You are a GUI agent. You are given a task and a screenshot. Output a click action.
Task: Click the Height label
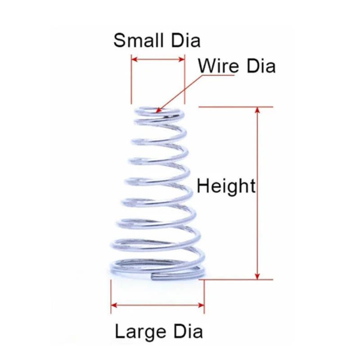pos(226,186)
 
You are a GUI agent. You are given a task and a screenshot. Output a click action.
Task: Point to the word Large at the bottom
pos(139,332)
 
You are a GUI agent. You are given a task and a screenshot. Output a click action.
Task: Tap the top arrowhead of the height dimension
pos(257,109)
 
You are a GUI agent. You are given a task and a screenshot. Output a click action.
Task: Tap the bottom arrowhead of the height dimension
pos(257,277)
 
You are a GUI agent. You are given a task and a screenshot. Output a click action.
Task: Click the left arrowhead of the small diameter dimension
pos(133,59)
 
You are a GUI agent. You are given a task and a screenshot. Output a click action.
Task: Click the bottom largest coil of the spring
pos(157,265)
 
